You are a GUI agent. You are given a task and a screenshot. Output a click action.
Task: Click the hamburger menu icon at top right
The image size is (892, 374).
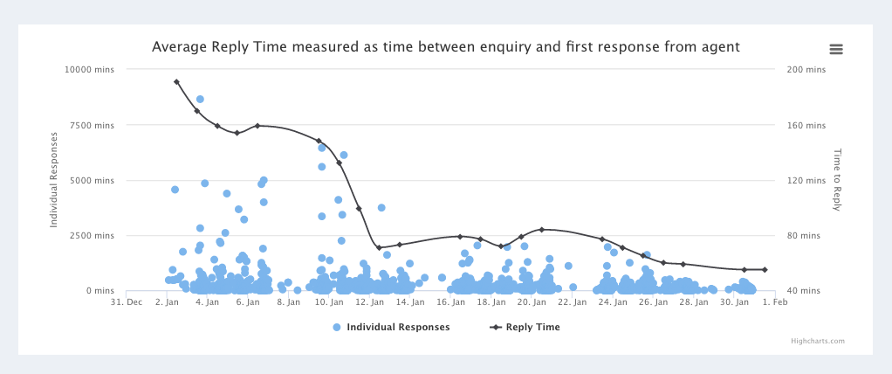pyautogui.click(x=835, y=49)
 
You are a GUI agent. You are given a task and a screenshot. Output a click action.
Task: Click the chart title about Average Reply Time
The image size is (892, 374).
pyautogui.click(x=445, y=46)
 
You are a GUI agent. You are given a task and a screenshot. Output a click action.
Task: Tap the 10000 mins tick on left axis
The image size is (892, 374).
pyautogui.click(x=90, y=69)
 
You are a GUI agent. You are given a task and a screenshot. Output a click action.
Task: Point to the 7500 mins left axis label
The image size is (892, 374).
pyautogui.click(x=93, y=126)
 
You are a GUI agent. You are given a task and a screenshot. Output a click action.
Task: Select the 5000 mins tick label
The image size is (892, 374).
pyautogui.click(x=93, y=181)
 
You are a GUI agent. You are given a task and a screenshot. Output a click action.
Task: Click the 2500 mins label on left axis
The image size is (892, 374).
pyautogui.click(x=93, y=236)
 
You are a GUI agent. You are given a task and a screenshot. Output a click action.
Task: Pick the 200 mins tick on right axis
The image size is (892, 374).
pyautogui.click(x=806, y=69)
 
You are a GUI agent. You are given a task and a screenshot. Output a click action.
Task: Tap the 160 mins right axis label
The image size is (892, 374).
pyautogui.click(x=806, y=126)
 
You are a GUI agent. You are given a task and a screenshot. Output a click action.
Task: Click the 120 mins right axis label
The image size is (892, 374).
pyautogui.click(x=806, y=181)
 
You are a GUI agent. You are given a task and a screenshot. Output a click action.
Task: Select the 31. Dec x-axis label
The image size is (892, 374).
pyautogui.click(x=127, y=302)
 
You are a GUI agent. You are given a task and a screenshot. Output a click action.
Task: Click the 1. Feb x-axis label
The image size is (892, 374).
pyautogui.click(x=774, y=302)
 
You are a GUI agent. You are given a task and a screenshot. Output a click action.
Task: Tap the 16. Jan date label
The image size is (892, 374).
pyautogui.click(x=450, y=302)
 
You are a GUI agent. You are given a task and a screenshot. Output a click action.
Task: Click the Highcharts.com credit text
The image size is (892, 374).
pyautogui.click(x=818, y=342)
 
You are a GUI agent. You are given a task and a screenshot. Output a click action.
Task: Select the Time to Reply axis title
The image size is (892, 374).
pyautogui.click(x=837, y=179)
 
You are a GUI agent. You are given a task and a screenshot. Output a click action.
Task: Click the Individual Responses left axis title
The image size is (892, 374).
pyautogui.click(x=54, y=179)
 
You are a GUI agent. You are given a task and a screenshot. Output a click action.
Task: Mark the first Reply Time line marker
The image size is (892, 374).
pyautogui.click(x=176, y=82)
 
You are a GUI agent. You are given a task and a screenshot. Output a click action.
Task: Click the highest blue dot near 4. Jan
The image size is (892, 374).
pyautogui.click(x=200, y=100)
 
